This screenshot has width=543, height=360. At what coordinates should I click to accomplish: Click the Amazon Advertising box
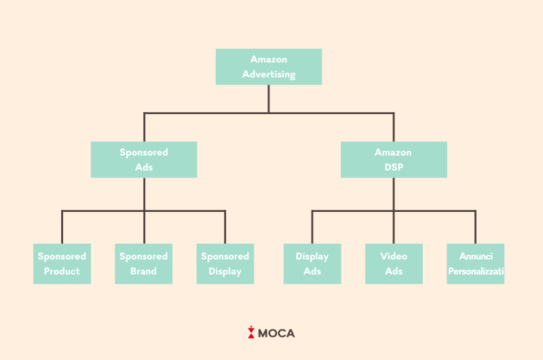268,67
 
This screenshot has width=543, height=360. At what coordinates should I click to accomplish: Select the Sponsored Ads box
144,160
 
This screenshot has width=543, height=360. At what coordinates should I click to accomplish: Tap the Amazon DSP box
394,160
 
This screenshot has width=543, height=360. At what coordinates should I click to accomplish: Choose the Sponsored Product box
62,264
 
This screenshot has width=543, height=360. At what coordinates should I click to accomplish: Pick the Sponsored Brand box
143,264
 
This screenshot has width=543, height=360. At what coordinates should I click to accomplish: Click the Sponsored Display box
225,264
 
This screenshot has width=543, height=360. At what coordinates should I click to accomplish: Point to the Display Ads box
312,264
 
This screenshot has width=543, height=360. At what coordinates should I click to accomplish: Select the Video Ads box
394,264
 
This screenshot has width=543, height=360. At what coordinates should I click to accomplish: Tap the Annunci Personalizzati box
475,264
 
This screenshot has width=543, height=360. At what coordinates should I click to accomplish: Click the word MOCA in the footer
277,334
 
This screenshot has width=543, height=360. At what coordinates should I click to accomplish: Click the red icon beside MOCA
251,333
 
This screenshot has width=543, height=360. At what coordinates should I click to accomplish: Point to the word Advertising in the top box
269,74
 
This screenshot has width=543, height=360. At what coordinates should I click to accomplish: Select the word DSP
394,167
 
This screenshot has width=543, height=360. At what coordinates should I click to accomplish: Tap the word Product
62,271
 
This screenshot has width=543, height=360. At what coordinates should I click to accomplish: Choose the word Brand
143,271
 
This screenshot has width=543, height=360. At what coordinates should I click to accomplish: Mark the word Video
394,256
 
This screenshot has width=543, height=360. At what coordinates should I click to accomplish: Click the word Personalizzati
476,271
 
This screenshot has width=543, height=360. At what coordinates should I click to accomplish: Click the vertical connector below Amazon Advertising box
268,98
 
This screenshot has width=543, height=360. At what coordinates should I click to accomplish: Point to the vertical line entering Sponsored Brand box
144,228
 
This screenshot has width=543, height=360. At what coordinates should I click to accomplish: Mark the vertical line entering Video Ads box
394,228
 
